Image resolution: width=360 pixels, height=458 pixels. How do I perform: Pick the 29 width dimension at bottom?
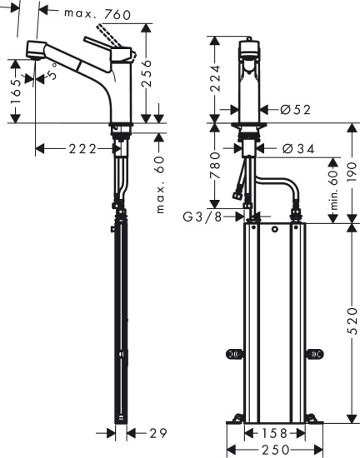159,433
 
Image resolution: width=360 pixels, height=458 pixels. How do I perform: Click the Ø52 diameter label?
292,109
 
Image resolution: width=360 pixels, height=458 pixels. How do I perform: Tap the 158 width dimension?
268,433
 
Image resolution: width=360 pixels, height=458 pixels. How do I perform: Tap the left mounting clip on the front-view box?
232,354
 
